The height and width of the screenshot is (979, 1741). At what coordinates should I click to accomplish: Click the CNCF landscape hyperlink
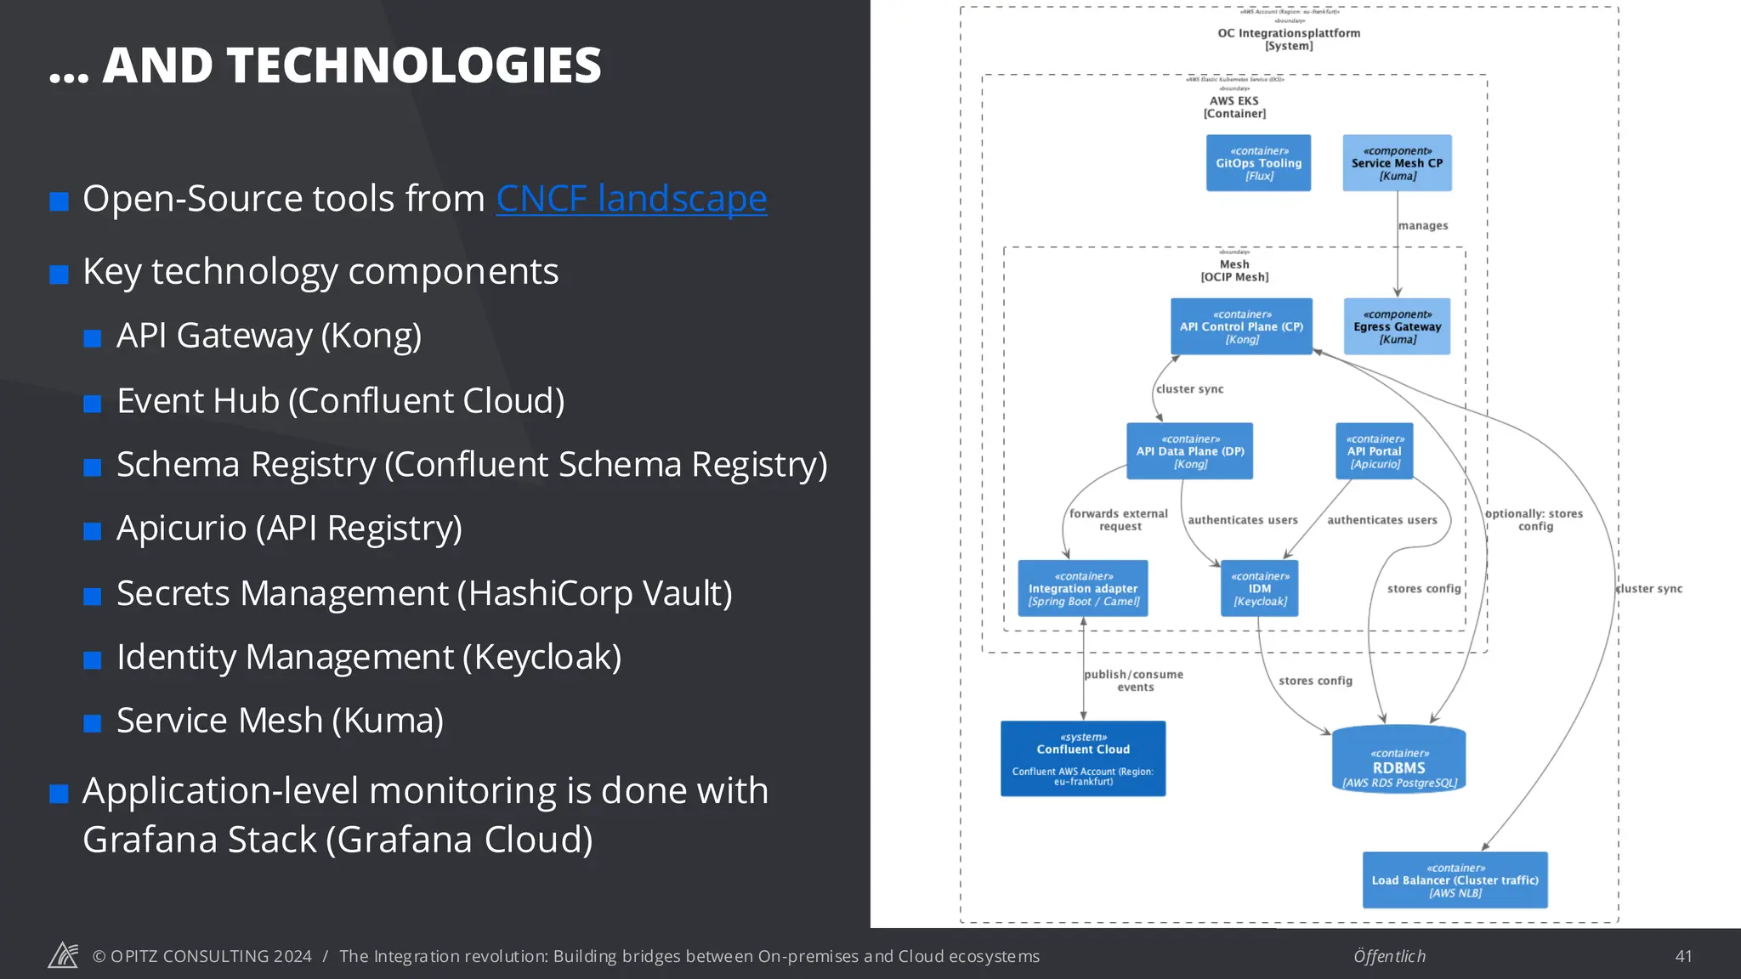tap(631, 199)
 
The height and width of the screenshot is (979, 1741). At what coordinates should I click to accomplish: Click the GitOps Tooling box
tap(1258, 163)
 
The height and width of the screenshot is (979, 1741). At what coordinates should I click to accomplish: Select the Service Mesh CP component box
tap(1397, 163)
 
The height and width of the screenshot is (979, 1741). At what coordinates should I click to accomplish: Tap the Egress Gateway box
tap(1397, 326)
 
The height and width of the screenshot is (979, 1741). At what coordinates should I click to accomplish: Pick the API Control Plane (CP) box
tap(1241, 326)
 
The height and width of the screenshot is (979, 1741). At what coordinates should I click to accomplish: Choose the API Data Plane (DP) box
tap(1189, 451)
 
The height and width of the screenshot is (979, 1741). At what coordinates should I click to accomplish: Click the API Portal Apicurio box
tap(1374, 451)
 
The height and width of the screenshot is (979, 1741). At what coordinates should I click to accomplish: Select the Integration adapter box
tap(1083, 588)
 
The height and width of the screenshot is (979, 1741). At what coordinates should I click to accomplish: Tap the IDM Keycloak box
tap(1260, 588)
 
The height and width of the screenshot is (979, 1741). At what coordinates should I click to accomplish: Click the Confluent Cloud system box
tap(1083, 759)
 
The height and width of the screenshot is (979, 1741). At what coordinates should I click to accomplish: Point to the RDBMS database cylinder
tap(1398, 761)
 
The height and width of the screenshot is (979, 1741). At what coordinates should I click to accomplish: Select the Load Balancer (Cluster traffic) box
tap(1455, 880)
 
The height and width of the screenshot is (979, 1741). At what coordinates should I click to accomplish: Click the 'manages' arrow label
tap(1423, 226)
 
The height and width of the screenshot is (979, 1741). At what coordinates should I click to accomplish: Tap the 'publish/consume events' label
tap(1134, 681)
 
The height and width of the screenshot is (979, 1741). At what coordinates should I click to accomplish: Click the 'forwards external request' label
tap(1119, 520)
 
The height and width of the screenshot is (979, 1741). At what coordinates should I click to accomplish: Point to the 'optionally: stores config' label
tap(1534, 520)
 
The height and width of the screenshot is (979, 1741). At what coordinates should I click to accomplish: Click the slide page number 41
tap(1683, 956)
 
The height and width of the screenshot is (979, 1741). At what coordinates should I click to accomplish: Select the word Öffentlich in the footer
tap(1389, 956)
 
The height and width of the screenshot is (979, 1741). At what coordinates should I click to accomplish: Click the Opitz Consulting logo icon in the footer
tap(63, 955)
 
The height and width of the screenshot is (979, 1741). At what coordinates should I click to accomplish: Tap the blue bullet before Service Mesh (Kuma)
tap(93, 723)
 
